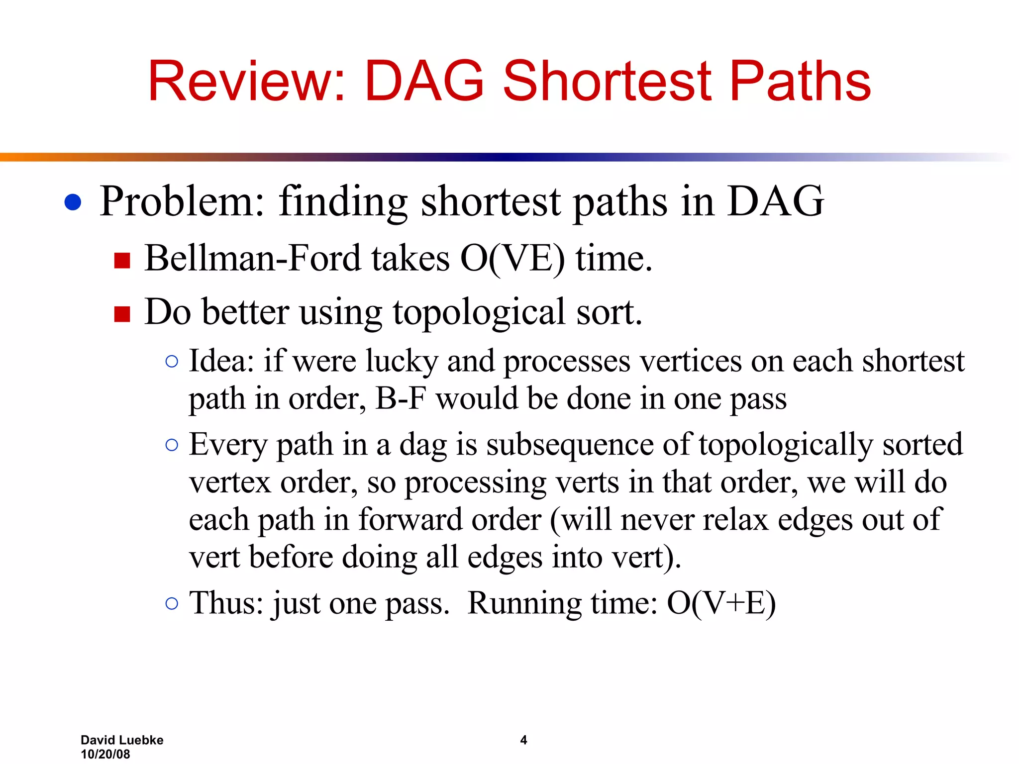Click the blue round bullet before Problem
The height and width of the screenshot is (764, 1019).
click(x=73, y=202)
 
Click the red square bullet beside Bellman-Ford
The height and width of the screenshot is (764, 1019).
click(x=122, y=260)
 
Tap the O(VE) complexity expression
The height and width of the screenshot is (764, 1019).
click(x=512, y=259)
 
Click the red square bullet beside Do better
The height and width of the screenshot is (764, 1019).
click(x=122, y=314)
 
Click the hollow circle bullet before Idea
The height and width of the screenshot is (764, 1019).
click(x=172, y=362)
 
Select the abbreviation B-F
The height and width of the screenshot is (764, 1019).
click(x=401, y=398)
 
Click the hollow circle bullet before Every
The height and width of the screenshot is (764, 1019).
click(x=172, y=445)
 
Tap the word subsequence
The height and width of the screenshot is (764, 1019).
click(x=570, y=444)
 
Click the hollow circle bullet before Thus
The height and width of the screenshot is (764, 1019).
click(x=172, y=603)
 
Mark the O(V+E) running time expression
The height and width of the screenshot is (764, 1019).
click(x=721, y=603)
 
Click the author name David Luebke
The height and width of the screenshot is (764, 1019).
click(x=122, y=740)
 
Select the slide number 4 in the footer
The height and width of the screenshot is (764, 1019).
click(x=523, y=740)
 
